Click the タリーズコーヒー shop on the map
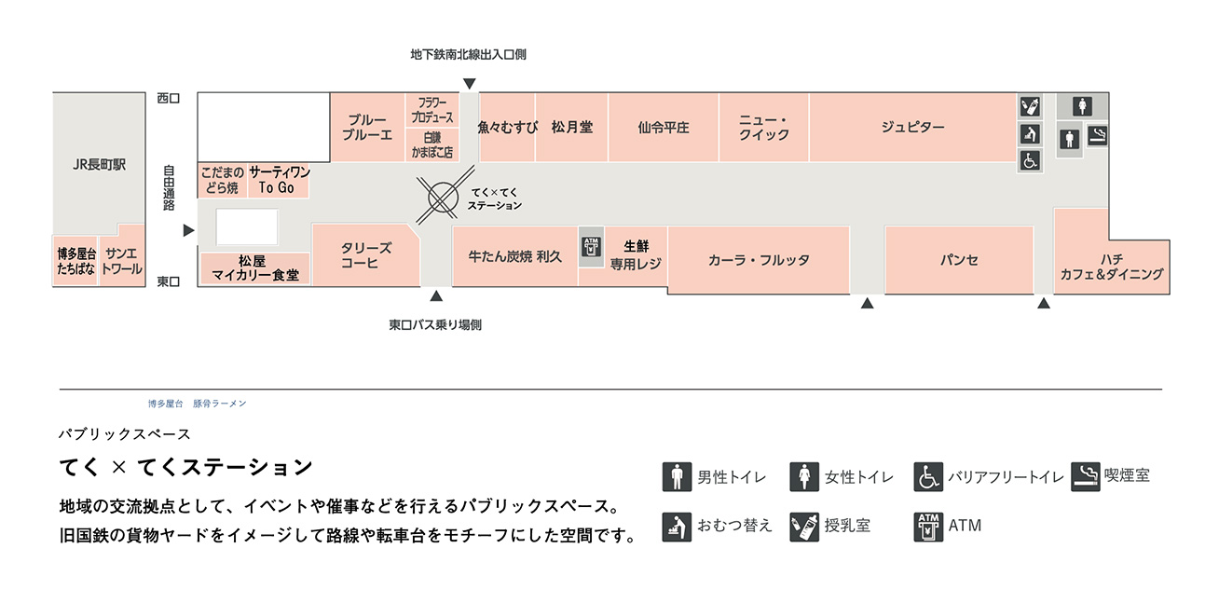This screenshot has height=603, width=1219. click(365, 254)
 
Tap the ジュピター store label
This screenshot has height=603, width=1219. click(912, 127)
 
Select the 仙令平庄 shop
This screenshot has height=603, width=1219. click(663, 128)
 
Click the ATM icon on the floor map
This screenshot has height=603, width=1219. click(591, 247)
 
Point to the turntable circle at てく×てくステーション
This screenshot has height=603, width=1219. click(442, 197)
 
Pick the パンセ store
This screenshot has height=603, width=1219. click(959, 260)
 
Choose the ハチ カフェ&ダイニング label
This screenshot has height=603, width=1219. click(1111, 267)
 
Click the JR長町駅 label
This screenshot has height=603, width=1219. click(99, 165)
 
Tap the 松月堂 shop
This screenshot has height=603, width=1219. click(571, 127)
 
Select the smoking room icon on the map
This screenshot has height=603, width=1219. click(1098, 134)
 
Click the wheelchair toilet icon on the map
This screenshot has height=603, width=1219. click(1030, 161)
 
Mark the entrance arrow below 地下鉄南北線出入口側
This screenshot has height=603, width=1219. click(469, 84)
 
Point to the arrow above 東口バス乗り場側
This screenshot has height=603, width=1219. click(435, 297)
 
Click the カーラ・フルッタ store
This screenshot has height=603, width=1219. click(759, 260)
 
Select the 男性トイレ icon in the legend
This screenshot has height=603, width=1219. click(678, 476)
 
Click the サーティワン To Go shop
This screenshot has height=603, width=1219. click(277, 180)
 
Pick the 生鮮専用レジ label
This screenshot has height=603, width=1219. click(636, 254)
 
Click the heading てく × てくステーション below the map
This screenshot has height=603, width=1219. click(185, 466)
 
